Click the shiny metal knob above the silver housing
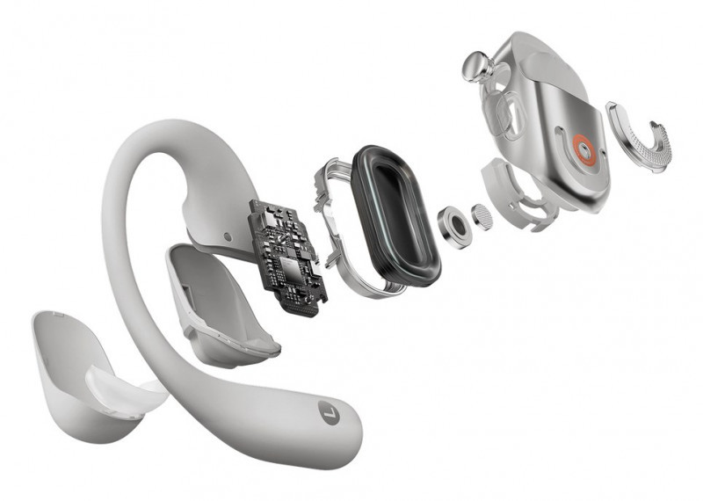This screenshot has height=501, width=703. coord(477,67)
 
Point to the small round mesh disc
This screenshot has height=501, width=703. coord(482,216)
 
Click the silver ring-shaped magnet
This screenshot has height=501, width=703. coord(454,227)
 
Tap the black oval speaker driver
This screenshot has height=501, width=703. coord(395,215)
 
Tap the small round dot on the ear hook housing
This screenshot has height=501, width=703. coord(228,236)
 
